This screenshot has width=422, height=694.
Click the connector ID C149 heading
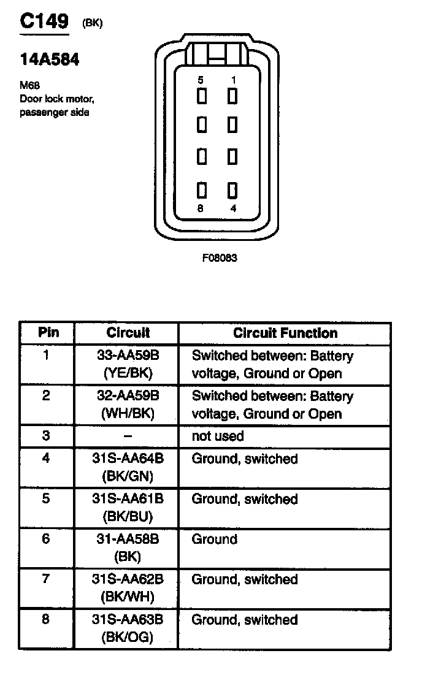[44, 22]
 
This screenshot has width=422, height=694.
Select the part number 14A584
[50, 59]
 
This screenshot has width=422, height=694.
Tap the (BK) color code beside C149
[92, 24]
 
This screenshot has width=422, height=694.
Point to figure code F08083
[219, 258]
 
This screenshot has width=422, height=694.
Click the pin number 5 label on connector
[201, 80]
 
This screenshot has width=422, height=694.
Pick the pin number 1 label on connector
[232, 80]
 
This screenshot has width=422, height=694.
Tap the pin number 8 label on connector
[201, 208]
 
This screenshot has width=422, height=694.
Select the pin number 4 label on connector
[232, 208]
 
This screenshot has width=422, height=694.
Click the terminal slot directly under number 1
[232, 96]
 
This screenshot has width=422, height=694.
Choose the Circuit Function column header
[285, 334]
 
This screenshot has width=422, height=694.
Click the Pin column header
[48, 333]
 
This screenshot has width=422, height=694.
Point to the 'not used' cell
[218, 437]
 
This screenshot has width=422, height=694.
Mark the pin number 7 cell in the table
[46, 579]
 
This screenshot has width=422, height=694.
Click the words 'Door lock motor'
[56, 99]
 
